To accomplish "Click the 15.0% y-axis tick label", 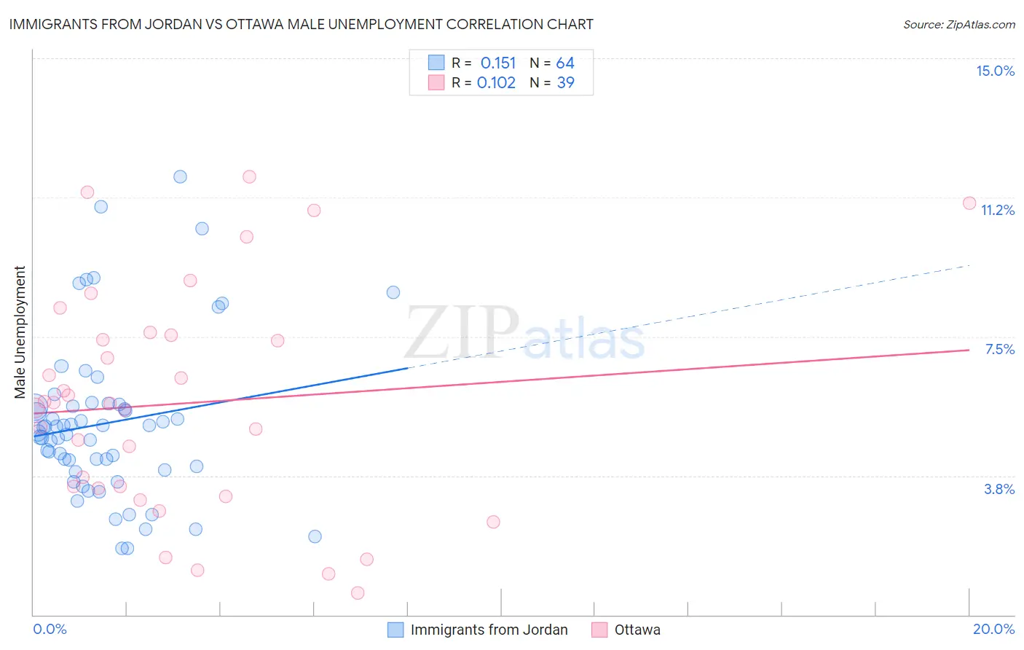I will coord(995,71).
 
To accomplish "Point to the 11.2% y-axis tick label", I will coord(997,210).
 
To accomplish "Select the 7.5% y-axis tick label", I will coord(999,349).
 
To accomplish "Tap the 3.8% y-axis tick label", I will coord(999,489).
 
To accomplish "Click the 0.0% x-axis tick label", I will coord(50,629).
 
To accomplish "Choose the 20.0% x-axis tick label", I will coord(993,629).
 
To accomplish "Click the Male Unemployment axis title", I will coord(20,332).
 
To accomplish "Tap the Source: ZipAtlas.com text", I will coord(958,24).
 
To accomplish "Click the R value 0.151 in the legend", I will coord(497,63).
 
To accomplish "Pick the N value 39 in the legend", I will coord(565,83).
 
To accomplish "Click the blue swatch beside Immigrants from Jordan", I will coord(395,630).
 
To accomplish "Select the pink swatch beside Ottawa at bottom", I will coord(599,630).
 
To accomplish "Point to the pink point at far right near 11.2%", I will coord(969,203).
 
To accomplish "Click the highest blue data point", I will coord(180,176).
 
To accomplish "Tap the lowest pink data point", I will coord(358,592).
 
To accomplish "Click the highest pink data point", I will coord(249,176).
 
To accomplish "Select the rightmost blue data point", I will coord(393,292).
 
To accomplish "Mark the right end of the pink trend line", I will coord(969,350).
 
